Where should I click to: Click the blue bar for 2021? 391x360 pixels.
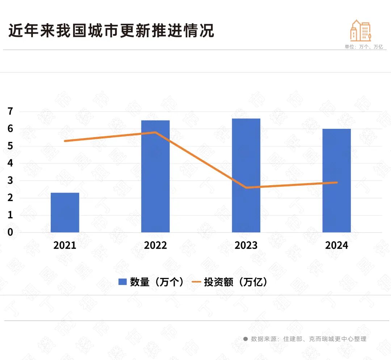tap(65, 212)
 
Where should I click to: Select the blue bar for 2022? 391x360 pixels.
tap(155, 176)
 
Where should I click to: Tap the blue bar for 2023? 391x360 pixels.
tap(246, 175)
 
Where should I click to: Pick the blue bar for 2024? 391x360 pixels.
tap(337, 181)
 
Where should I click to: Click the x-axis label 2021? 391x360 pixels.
tap(65, 245)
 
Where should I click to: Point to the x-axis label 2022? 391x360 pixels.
tap(155, 245)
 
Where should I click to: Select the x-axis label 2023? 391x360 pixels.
tap(246, 245)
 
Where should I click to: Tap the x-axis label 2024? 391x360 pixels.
tap(337, 245)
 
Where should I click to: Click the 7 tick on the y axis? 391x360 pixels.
tap(10, 111)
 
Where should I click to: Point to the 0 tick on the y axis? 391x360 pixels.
tap(10, 232)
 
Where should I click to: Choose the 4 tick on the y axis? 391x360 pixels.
tap(10, 163)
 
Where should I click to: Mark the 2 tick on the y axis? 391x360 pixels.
tap(10, 198)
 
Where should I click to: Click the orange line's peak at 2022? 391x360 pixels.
tap(155, 132)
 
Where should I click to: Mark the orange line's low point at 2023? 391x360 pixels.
tap(246, 187)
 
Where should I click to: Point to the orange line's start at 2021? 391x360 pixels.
tap(65, 141)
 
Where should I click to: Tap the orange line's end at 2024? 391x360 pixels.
tap(337, 182)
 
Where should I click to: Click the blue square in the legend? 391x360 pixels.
tap(122, 282)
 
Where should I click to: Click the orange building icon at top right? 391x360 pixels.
tap(361, 31)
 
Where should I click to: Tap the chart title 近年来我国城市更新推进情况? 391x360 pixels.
tap(111, 31)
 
